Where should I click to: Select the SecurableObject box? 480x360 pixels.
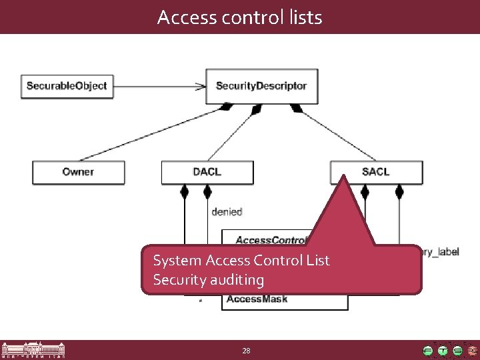click(67, 86)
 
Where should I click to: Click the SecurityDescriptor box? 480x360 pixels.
click(261, 86)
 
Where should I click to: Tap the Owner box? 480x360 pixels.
click(79, 172)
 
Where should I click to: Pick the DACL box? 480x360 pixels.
click(207, 172)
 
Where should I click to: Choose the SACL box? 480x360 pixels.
click(376, 172)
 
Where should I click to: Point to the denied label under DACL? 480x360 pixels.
click(227, 212)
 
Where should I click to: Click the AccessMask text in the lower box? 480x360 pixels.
click(257, 299)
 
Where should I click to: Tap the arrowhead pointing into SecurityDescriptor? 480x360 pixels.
click(200, 86)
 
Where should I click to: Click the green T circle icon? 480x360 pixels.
click(443, 350)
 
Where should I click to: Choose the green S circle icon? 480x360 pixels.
click(457, 350)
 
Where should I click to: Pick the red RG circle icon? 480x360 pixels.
click(472, 350)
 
